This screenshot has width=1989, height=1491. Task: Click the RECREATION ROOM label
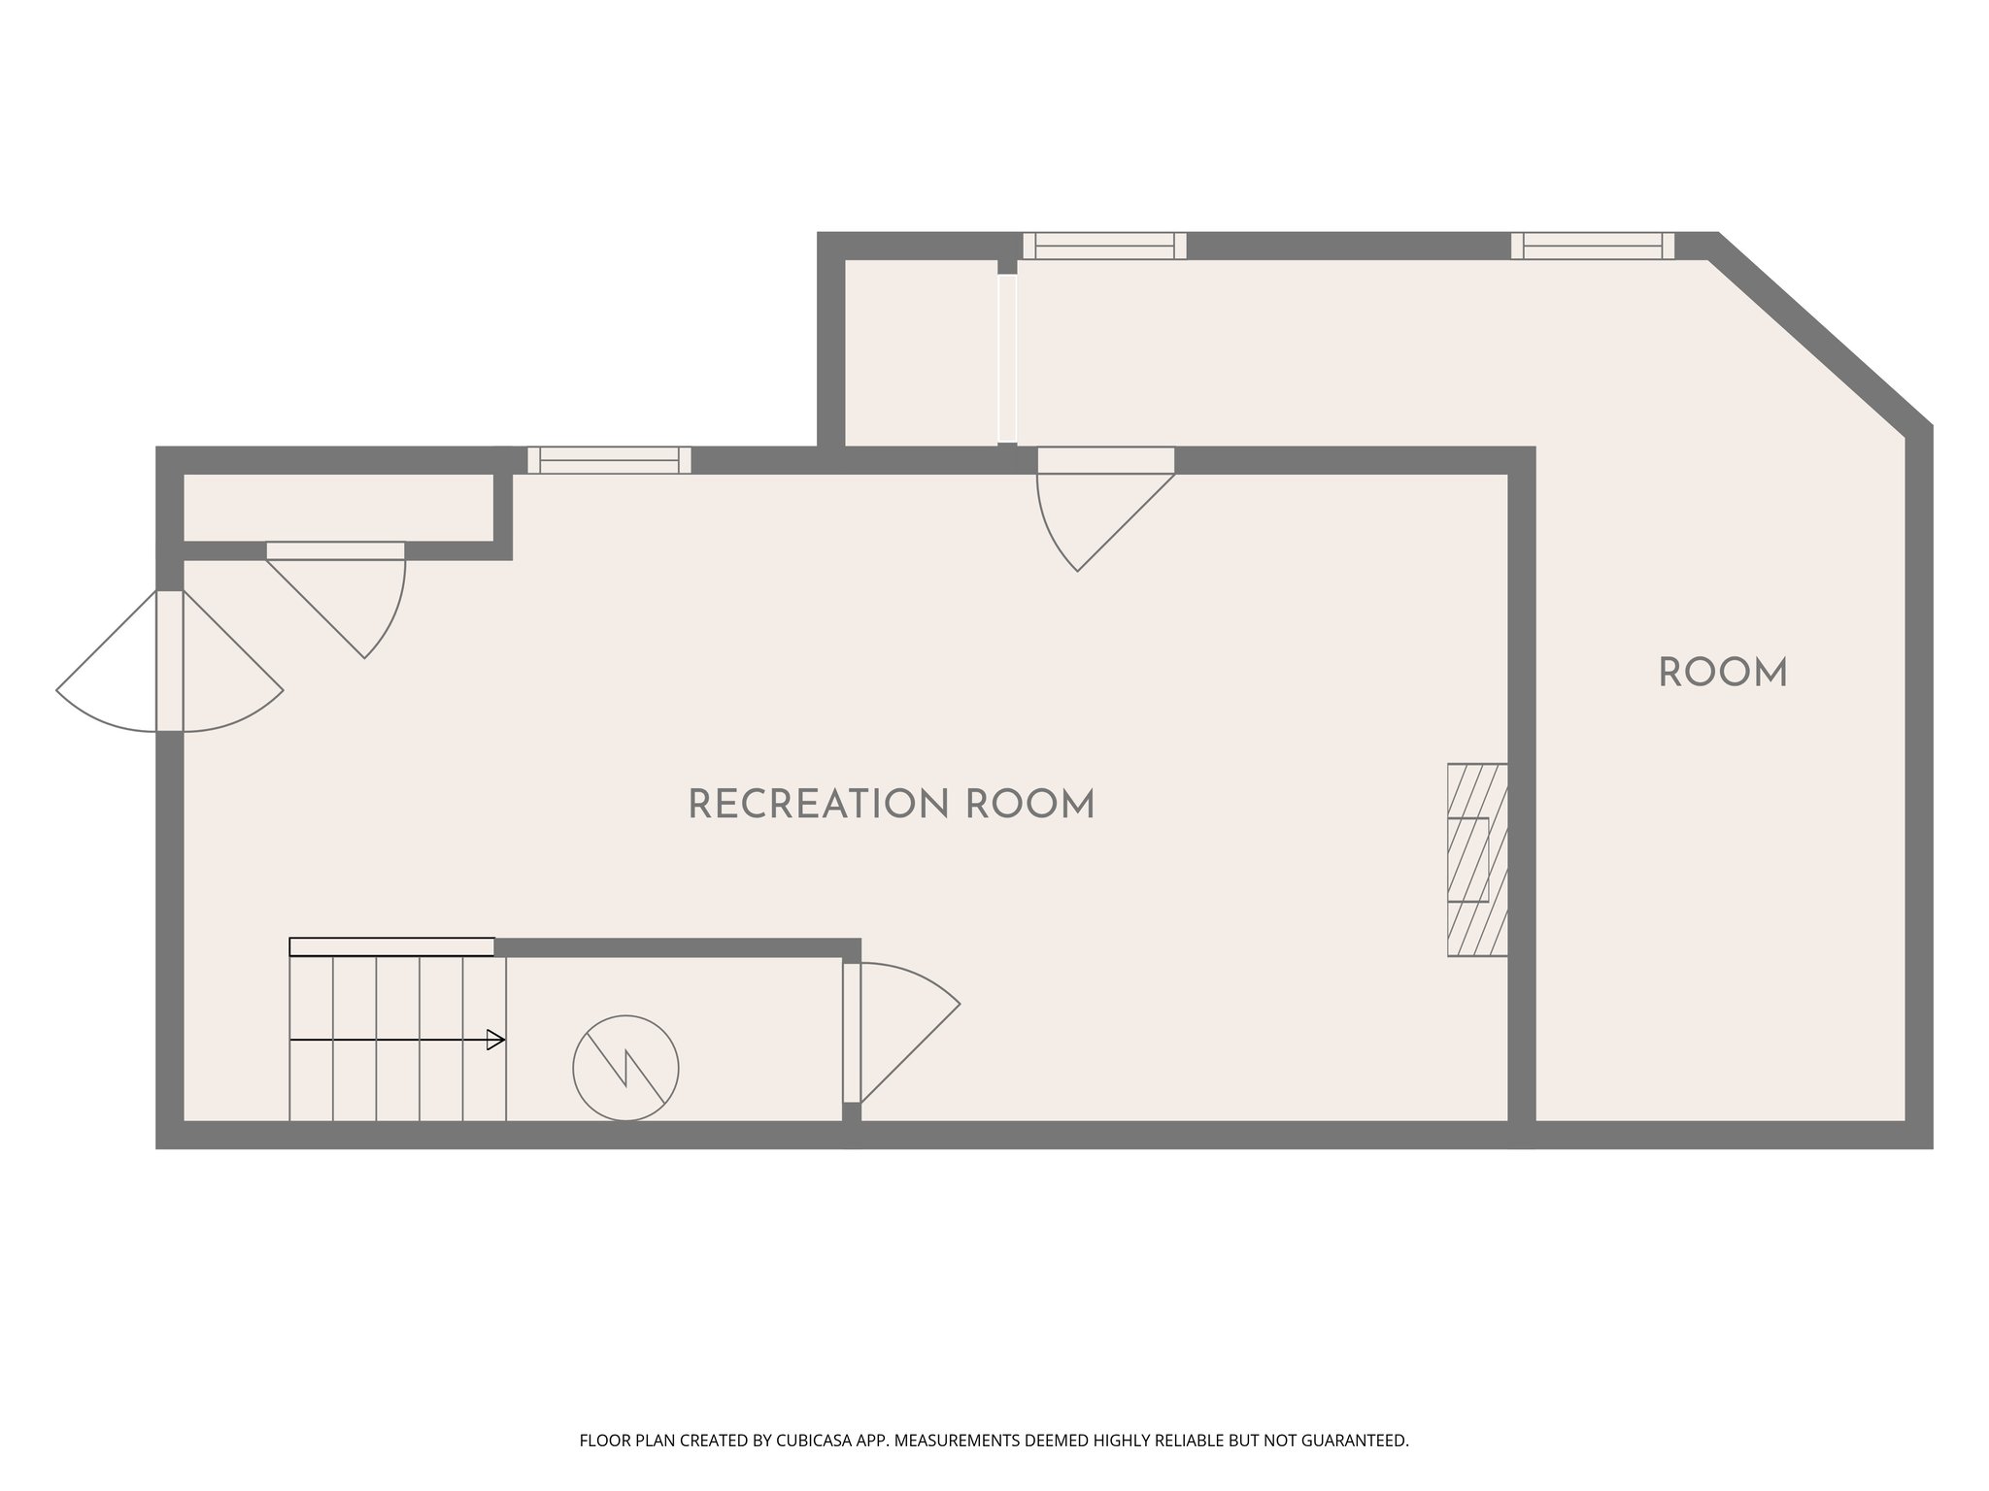point(891,805)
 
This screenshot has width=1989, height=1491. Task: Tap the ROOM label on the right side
point(1722,673)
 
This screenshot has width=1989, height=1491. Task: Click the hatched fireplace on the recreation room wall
point(1477,860)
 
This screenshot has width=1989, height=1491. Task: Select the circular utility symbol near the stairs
point(625,1068)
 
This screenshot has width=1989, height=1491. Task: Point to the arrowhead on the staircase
point(496,1041)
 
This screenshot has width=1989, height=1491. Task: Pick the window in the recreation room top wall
point(609,460)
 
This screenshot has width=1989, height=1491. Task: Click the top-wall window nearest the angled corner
point(1593,246)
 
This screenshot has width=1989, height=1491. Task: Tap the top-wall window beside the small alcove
point(1104,246)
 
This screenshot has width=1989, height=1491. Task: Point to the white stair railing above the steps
point(392,946)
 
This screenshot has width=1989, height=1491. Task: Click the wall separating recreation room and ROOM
point(1521,796)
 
